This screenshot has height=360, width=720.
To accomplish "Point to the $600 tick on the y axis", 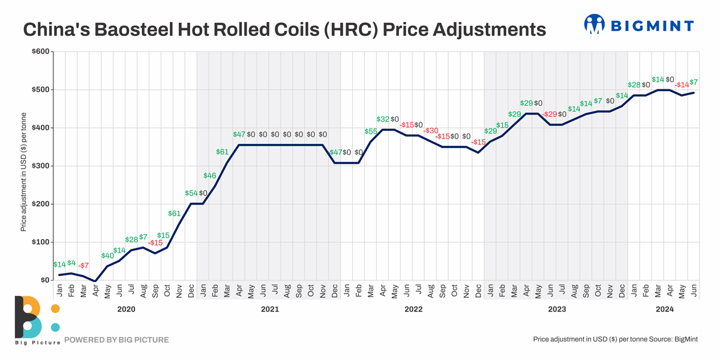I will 41,52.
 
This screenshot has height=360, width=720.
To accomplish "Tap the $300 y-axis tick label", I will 41,166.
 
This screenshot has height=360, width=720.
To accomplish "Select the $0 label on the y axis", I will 45,280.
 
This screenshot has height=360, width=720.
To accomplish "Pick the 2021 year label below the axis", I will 269,310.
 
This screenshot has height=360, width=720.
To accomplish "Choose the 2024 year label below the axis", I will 665,310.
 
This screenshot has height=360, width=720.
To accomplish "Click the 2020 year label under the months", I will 126,310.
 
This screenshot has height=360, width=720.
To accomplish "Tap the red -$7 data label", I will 83,265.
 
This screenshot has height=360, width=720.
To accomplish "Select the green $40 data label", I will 107,256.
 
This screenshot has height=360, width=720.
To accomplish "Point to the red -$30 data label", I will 431,131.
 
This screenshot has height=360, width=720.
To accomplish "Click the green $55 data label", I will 371,131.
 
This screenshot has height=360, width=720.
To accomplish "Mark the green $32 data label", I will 383,119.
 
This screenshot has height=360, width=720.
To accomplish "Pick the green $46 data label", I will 209,176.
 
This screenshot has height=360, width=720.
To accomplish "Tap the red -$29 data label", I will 550,114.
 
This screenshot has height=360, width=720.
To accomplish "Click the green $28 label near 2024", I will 634,85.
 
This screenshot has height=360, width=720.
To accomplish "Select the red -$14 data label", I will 682,85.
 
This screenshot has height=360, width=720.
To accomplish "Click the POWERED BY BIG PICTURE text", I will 116,340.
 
